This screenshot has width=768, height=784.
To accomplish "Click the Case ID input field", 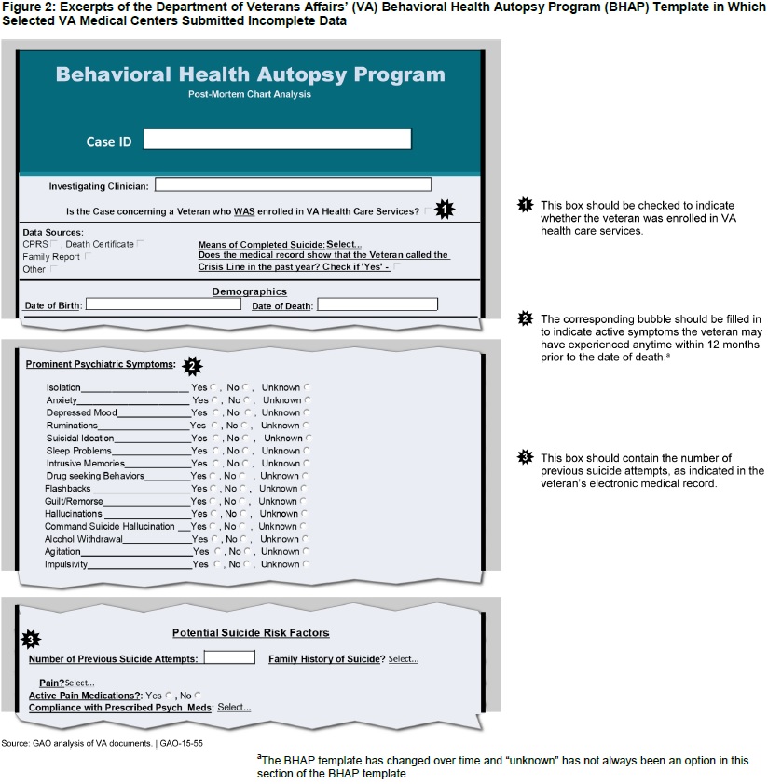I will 277,139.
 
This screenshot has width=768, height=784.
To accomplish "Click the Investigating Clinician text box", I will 293,184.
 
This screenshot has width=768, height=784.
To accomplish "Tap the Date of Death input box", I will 377,304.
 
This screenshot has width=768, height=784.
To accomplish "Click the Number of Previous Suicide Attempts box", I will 228,657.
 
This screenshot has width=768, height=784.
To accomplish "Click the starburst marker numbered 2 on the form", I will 192,365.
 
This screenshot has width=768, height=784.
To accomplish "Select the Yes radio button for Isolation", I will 214,387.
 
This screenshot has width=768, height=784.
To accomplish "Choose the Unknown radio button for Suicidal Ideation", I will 308,438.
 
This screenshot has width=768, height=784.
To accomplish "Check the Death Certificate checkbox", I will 140,244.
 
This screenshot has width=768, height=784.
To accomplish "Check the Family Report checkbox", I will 88,256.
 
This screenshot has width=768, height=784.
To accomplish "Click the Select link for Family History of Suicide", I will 403,659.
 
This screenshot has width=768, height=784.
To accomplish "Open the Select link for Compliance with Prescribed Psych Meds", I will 234,708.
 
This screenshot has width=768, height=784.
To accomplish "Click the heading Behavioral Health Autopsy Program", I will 250,74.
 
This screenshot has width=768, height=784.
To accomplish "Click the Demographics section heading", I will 250,291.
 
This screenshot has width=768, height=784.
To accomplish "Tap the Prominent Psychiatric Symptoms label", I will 100,363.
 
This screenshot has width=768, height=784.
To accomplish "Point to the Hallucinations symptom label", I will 75,513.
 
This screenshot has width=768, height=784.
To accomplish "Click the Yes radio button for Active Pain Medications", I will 169,696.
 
